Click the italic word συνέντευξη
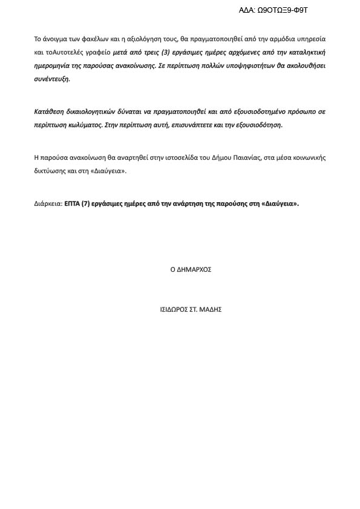[x=52, y=79]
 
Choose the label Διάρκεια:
[x=48, y=204]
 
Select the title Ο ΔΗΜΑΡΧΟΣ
[x=191, y=269]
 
